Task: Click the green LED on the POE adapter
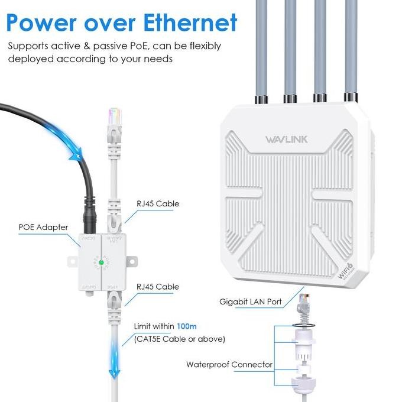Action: [x=101, y=262]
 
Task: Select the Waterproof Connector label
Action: [x=229, y=364]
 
